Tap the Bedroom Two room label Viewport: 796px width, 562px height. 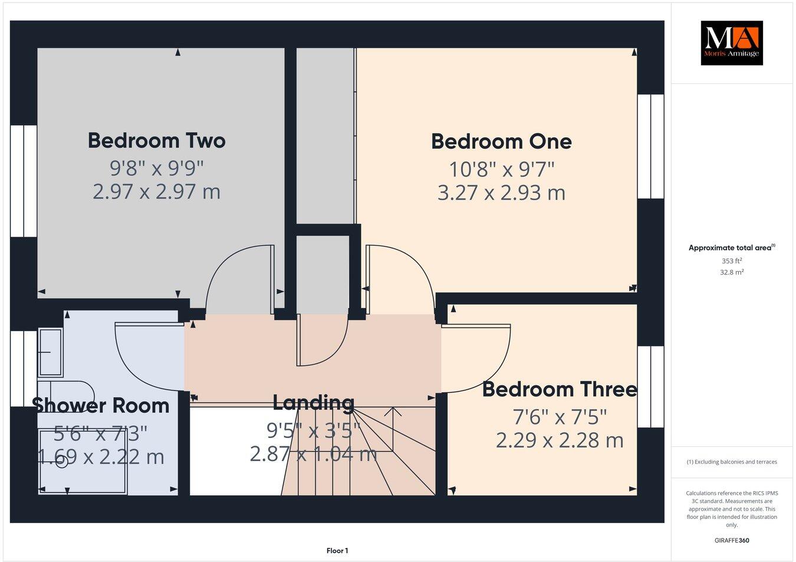pos(156,140)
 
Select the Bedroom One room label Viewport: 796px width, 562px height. pos(501,142)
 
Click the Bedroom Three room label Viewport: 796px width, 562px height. pos(559,390)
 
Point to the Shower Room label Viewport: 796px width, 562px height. pos(101,406)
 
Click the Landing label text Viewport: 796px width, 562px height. pos(313,403)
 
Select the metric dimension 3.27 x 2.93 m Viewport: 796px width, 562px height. pos(501,193)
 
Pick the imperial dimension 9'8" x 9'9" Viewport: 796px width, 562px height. pos(156,168)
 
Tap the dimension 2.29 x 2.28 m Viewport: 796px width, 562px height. pos(559,440)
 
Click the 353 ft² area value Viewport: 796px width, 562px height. pos(732,260)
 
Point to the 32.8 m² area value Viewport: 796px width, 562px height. pos(732,272)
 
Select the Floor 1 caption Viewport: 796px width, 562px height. pos(337,551)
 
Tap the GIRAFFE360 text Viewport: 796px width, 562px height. pos(732,540)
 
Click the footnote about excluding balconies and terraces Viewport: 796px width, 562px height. pos(732,462)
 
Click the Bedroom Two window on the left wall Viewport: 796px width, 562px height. pos(24,181)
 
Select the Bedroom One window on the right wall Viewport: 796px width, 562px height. pos(650,146)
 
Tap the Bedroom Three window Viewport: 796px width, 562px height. pos(650,387)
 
